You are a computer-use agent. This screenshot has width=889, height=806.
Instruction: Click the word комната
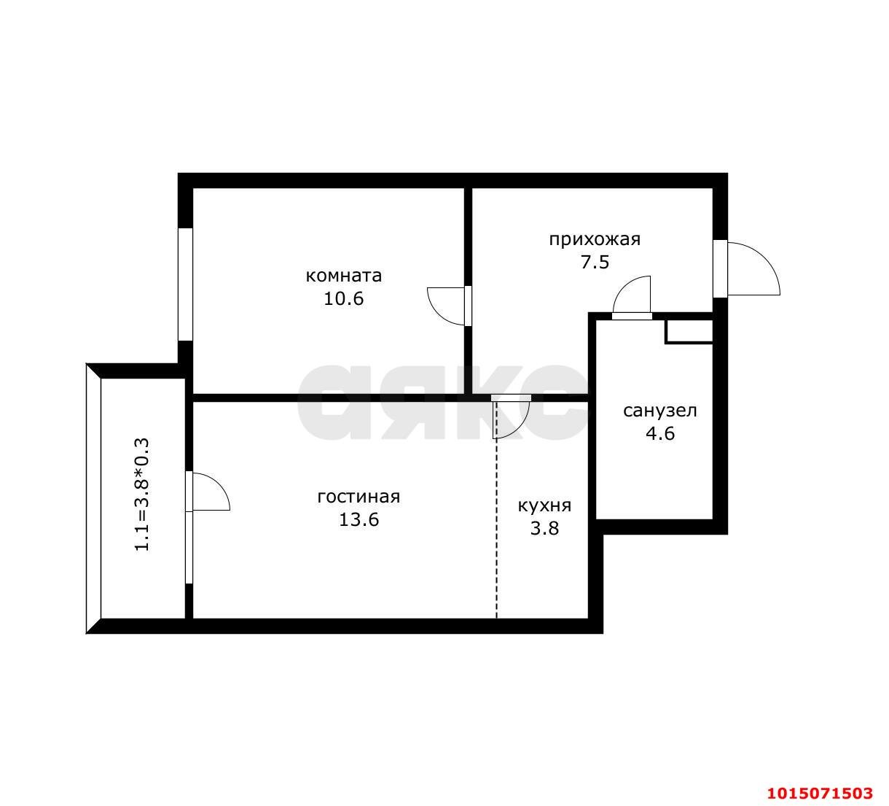coord(343,276)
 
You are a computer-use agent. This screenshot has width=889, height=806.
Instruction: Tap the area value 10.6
coord(343,298)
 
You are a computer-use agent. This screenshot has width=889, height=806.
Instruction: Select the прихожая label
coord(595,240)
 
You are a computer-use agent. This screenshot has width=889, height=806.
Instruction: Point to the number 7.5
coord(595,262)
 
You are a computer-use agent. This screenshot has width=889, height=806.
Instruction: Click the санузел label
coord(660,411)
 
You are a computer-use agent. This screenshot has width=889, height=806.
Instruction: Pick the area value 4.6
coord(660,433)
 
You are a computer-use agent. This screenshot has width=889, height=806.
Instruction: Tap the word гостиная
coord(359,497)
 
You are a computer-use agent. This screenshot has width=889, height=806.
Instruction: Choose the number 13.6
coord(359,519)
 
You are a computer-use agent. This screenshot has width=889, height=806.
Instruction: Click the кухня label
coord(544,506)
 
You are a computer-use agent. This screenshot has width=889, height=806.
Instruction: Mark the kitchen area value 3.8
coord(544,529)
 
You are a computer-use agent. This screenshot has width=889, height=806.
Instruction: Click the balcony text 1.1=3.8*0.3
coord(142,495)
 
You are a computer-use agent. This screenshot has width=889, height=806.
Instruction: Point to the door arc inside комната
coord(436,312)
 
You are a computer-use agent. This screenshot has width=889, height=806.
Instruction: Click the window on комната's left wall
coord(185,284)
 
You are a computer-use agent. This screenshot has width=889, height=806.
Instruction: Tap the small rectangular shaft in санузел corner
coord(689,331)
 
